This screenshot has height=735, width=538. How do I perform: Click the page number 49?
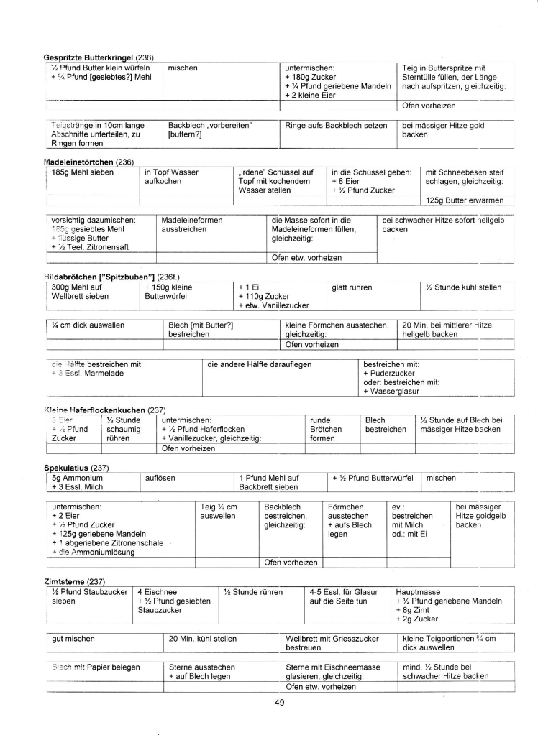click(280, 703)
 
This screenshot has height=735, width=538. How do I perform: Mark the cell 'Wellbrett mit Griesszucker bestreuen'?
click(332, 643)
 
